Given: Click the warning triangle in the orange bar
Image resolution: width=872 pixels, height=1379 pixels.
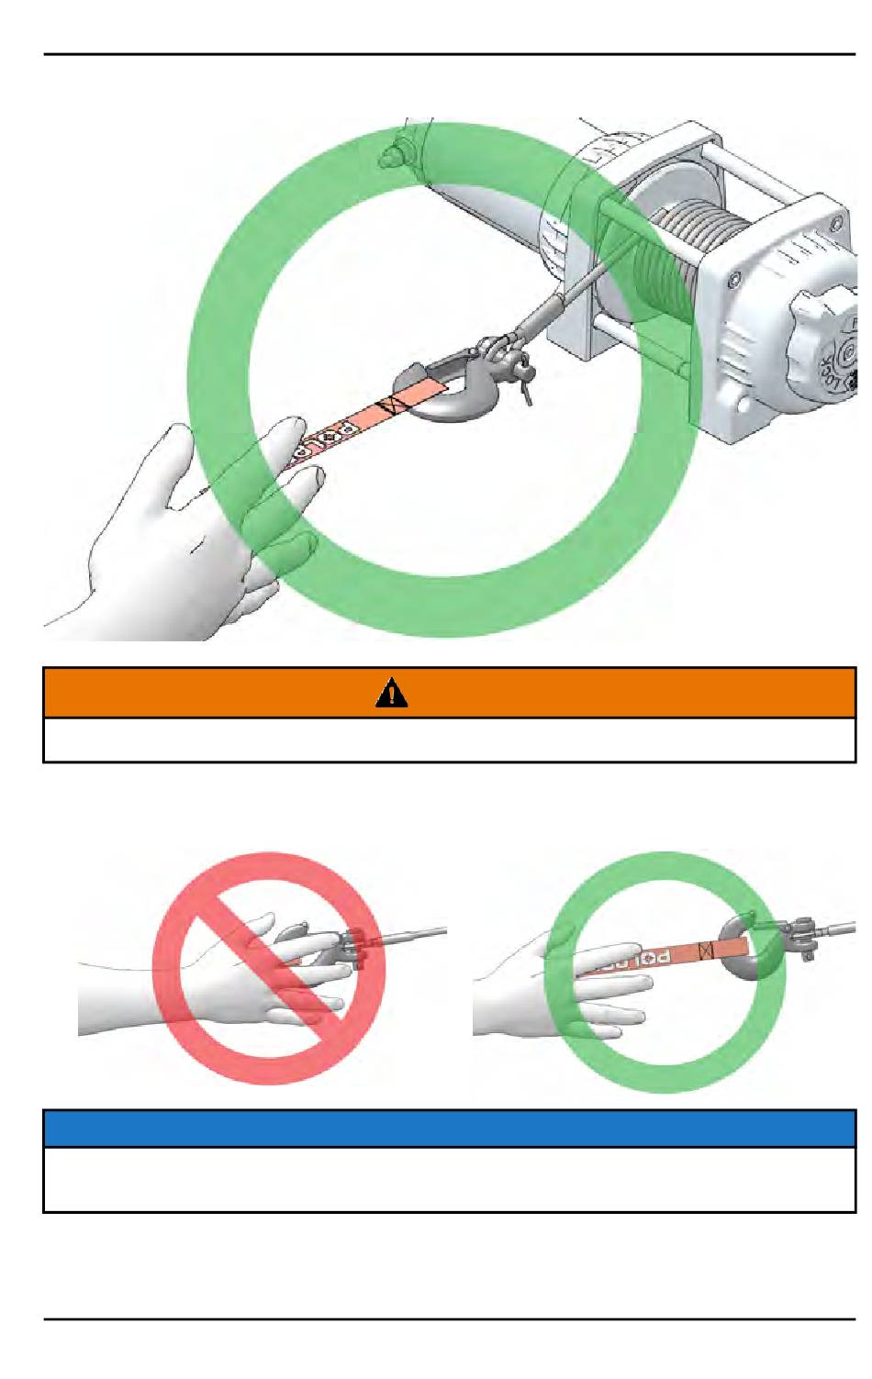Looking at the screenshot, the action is point(392,693).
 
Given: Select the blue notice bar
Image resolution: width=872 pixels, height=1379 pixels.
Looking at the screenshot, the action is point(450,1128).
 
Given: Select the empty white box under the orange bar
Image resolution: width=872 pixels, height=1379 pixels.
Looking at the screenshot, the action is point(450,740).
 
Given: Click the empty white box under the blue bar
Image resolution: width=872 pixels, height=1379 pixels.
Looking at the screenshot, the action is point(450,1179).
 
